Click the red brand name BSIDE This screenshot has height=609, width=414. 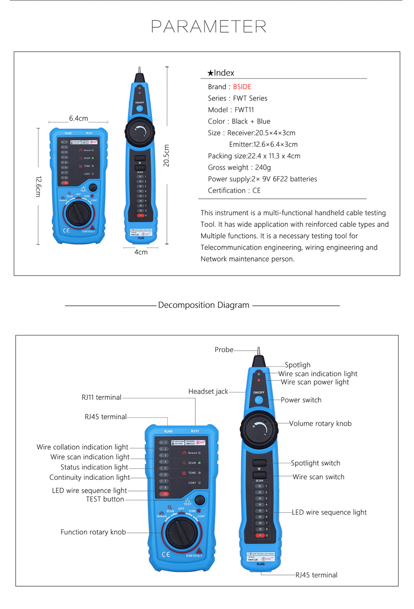[x=242, y=87]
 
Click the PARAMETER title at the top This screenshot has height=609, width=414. [x=209, y=27]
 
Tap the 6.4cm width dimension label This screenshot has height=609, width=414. [x=78, y=118]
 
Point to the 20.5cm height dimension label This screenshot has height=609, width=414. [x=166, y=156]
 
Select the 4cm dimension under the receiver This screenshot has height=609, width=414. [x=141, y=252]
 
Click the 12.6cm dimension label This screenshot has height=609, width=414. [x=38, y=186]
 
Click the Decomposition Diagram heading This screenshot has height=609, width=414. [x=203, y=305]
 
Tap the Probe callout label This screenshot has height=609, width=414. [x=224, y=350]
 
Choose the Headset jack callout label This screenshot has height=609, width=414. [x=208, y=392]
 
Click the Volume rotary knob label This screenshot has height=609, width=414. [x=320, y=424]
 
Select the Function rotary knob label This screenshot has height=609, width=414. [x=93, y=532]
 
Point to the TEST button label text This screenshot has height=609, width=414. [x=105, y=499]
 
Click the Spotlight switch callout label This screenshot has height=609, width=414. [x=315, y=463]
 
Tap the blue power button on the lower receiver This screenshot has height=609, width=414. [x=259, y=400]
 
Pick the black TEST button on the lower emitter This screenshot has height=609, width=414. [x=200, y=500]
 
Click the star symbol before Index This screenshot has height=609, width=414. [x=210, y=73]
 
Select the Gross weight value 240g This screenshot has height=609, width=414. [x=263, y=168]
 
